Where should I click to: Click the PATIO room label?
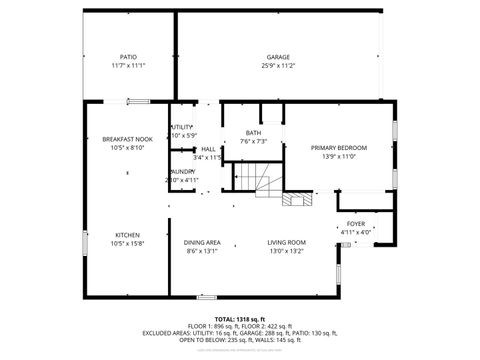[128, 57]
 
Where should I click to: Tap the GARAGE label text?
[278, 57]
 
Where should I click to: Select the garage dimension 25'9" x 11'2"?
[278, 65]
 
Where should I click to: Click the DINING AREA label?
[202, 243]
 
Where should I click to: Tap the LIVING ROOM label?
[286, 243]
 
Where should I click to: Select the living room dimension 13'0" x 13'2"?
[286, 251]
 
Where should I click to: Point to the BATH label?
[254, 132]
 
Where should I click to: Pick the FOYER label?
[355, 224]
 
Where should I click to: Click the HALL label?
[208, 148]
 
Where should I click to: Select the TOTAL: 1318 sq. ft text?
[239, 319]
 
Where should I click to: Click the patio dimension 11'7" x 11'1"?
[128, 65]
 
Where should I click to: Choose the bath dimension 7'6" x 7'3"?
[254, 141]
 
